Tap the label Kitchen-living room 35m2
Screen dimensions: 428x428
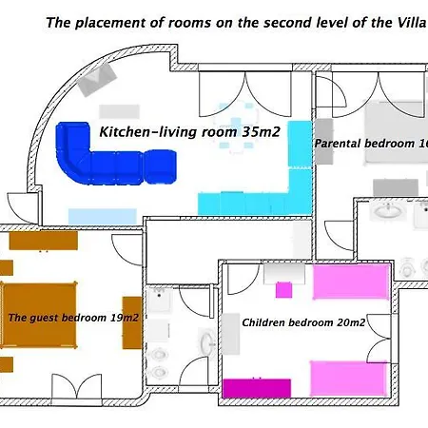(189, 132)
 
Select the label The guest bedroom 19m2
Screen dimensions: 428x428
(73, 318)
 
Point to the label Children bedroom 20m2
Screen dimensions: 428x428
(303, 322)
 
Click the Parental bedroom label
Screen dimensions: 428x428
(371, 144)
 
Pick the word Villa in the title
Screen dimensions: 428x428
(411, 23)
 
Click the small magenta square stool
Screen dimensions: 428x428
(283, 290)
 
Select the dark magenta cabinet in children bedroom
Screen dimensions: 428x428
(257, 388)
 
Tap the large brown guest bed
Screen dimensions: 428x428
(39, 315)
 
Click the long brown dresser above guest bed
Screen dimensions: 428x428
(44, 241)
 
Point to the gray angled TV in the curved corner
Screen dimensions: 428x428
(97, 79)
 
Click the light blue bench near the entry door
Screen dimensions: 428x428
(103, 216)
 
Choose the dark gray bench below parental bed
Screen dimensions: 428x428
(396, 187)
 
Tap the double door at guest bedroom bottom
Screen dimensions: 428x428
(77, 387)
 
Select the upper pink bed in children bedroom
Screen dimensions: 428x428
(351, 282)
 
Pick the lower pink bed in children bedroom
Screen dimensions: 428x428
(348, 379)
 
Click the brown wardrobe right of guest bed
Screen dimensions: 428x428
(132, 322)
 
